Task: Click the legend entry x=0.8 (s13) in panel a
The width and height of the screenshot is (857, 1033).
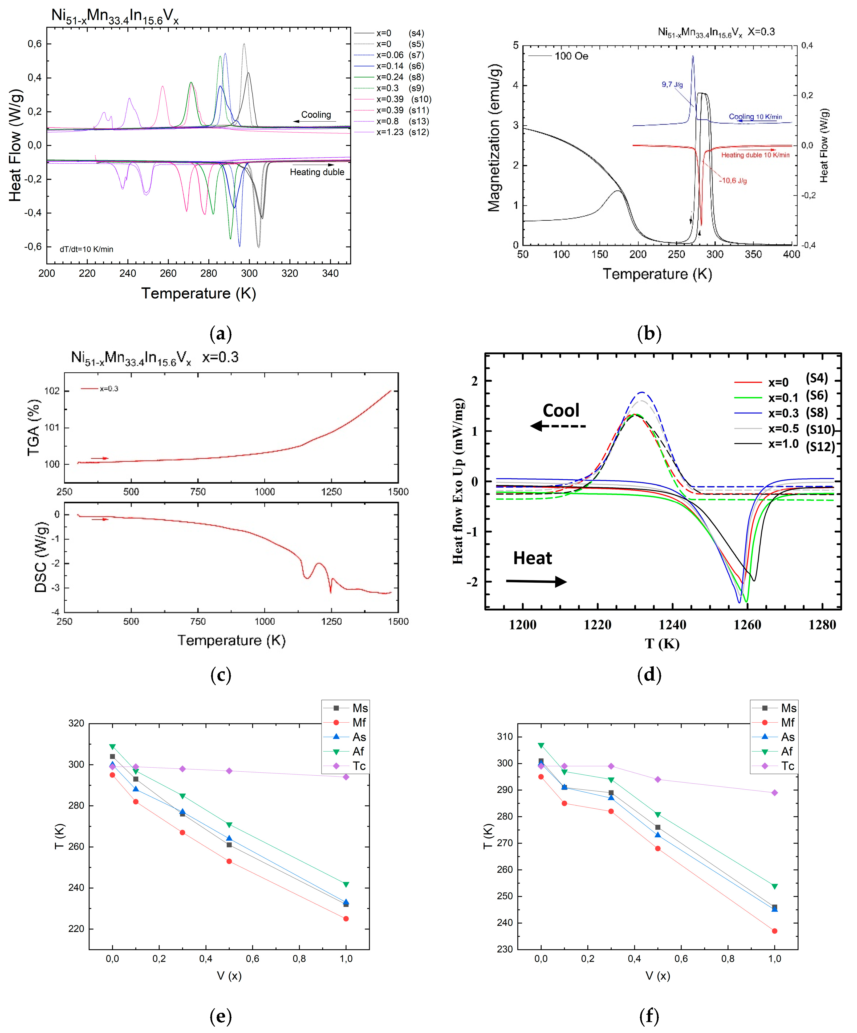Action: coord(400,121)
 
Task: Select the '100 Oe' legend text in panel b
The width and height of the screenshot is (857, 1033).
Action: coord(571,56)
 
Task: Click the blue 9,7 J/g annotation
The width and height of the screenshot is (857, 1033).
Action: coord(672,85)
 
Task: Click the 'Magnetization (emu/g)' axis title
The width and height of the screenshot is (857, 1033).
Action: coord(494,138)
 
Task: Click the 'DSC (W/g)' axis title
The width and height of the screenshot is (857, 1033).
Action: coord(41,557)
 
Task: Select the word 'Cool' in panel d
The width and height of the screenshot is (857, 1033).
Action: coord(561,411)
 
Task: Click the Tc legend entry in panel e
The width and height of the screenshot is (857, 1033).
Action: coord(358,766)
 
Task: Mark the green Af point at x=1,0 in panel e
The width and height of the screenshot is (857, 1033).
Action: coord(346,884)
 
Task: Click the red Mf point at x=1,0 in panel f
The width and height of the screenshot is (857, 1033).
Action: coord(774,931)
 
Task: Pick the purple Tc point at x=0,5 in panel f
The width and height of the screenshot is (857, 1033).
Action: coord(658,780)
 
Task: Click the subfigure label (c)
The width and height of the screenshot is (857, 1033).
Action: coord(221,675)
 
